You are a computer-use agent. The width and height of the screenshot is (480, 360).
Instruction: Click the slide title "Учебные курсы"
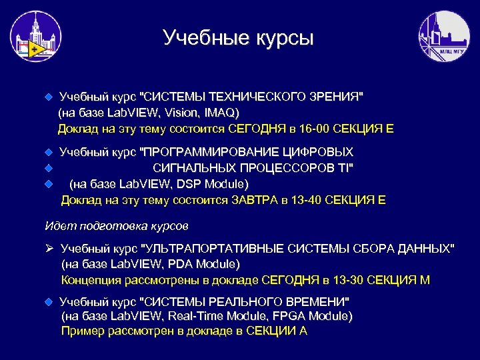[x=237, y=38]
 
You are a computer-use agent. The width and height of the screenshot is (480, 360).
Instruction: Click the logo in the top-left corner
[x=35, y=37]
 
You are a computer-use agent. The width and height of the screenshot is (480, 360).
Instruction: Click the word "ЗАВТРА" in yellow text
[x=255, y=200]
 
